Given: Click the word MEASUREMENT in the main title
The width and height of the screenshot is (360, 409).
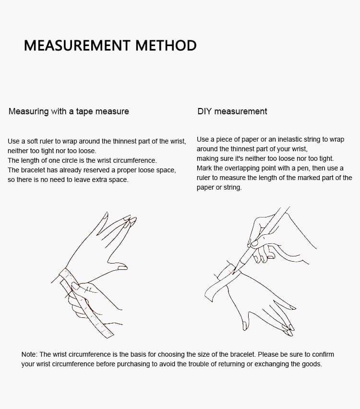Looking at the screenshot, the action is pos(77,46).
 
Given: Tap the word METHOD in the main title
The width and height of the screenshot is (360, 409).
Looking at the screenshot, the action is pos(166,46).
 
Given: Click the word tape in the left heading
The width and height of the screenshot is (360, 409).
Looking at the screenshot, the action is pos(84,112).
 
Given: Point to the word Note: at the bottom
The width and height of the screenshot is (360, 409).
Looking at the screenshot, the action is pos(29,354).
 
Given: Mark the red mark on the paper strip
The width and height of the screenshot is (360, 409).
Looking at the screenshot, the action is pos(230,273).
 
